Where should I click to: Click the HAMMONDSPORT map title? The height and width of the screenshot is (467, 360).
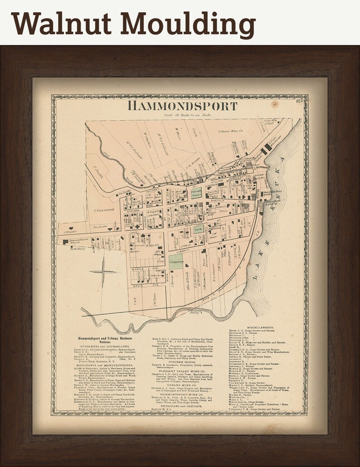(182, 106)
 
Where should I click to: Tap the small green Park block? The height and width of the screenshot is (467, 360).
(198, 230)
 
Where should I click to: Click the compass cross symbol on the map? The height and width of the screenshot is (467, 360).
(103, 272)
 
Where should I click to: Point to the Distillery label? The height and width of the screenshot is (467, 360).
(78, 248)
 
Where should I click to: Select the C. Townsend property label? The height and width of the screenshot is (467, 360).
(103, 210)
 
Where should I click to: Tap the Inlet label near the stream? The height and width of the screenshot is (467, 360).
(196, 312)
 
